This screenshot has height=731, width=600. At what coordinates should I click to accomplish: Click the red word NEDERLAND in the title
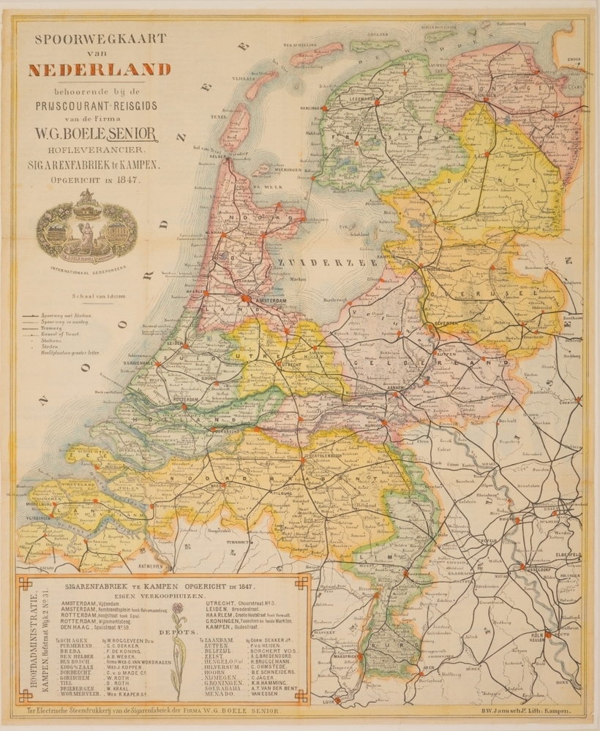pyautogui.click(x=100, y=71)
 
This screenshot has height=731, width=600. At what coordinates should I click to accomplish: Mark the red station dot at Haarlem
pyautogui.click(x=207, y=292)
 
